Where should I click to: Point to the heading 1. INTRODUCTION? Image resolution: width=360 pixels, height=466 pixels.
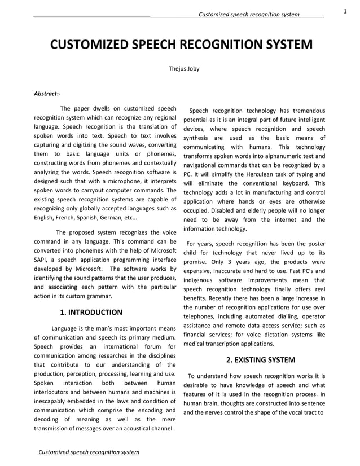pyautogui.click(x=91, y=312)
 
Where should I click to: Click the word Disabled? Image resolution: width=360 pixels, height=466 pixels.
pyautogui.click(x=223, y=210)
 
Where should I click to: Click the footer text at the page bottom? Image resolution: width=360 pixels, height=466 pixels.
pyautogui.click(x=88, y=452)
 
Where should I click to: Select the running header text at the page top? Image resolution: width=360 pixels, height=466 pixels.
pyautogui.click(x=249, y=14)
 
